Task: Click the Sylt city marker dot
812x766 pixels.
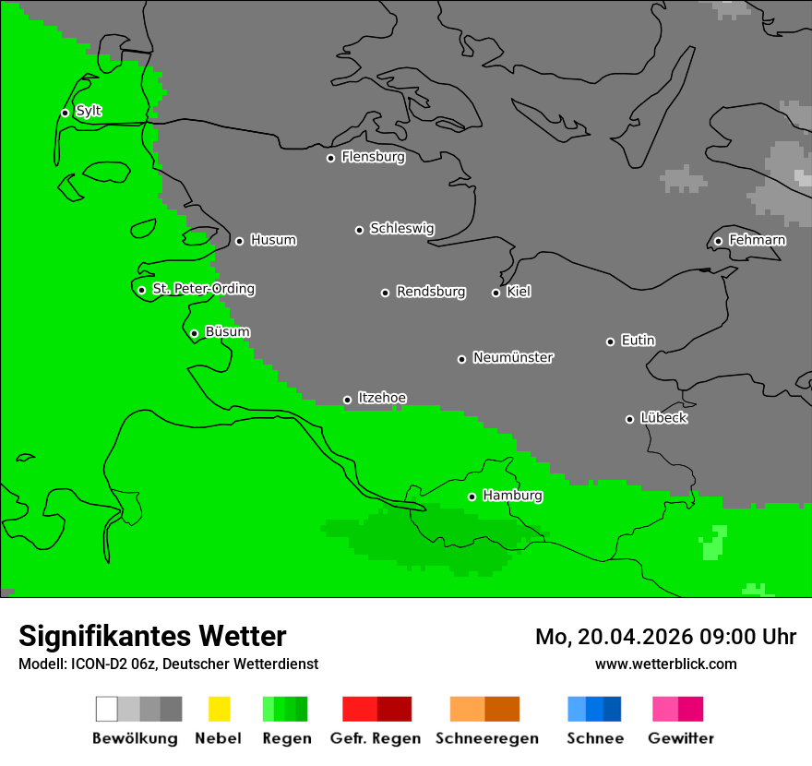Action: click(x=65, y=113)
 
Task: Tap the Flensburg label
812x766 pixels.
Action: click(x=373, y=157)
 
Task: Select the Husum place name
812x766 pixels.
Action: click(x=273, y=240)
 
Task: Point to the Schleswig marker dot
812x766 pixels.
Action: click(x=359, y=230)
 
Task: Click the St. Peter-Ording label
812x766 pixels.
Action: click(x=203, y=289)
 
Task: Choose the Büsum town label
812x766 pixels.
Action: click(x=227, y=331)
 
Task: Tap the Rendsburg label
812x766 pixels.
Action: click(x=430, y=292)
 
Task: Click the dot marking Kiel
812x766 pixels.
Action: click(x=496, y=293)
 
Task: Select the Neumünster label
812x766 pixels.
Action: click(x=513, y=357)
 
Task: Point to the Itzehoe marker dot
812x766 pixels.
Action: click(x=347, y=400)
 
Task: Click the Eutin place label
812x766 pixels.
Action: click(x=638, y=341)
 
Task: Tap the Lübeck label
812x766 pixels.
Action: click(x=663, y=418)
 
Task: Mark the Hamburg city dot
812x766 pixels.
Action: click(x=472, y=497)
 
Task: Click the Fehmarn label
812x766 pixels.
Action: click(x=757, y=240)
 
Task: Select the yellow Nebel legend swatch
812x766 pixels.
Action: click(x=219, y=709)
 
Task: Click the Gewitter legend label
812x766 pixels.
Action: click(x=680, y=738)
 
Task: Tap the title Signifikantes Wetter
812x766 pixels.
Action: click(x=152, y=636)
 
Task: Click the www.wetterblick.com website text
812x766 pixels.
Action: click(x=665, y=664)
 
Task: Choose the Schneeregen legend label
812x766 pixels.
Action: click(x=486, y=738)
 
